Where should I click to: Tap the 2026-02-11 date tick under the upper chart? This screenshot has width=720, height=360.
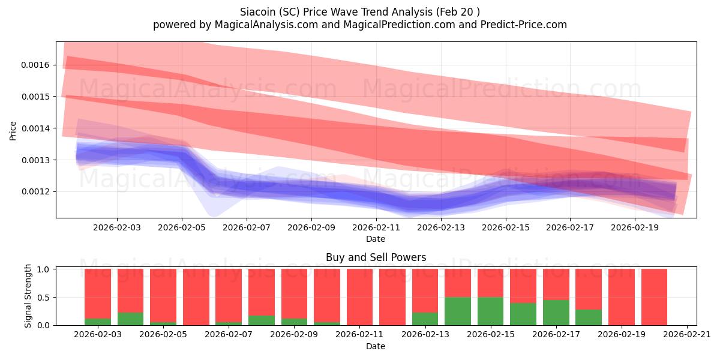(376, 228)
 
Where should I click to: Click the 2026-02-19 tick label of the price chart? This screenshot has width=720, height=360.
(635, 228)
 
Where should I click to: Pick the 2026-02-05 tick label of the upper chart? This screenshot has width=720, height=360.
(182, 228)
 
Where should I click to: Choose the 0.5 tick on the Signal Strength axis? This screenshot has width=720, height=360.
(44, 298)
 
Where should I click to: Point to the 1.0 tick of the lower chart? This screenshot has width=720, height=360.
(44, 269)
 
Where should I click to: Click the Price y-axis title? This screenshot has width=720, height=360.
(13, 130)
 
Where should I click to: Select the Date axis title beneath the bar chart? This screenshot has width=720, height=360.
(376, 346)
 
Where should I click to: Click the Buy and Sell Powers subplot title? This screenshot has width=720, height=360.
(376, 257)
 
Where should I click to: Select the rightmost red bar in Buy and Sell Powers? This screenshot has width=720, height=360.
(654, 297)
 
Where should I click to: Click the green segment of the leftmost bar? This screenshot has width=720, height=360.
(98, 322)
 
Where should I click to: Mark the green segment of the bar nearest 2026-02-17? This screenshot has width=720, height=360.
(556, 313)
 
